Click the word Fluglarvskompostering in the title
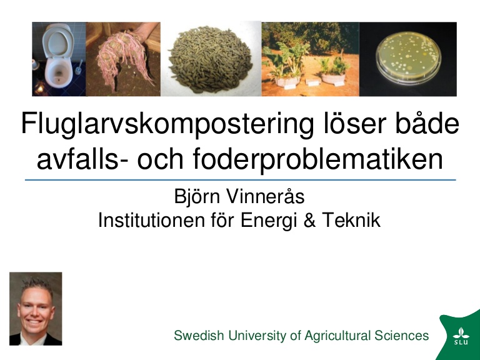(167, 124)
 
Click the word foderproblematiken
(317, 159)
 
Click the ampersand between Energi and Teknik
(309, 220)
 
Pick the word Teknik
(351, 220)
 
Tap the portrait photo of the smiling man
(36, 309)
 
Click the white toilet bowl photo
(59, 59)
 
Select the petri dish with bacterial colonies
(408, 59)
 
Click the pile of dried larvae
(211, 59)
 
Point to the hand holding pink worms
(123, 59)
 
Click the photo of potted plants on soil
(311, 59)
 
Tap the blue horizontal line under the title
(240, 180)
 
